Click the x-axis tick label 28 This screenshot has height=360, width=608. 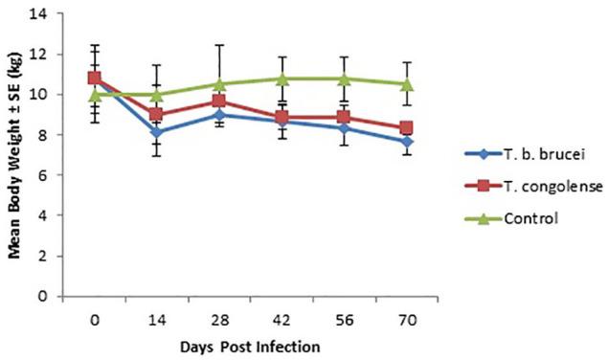click(x=219, y=315)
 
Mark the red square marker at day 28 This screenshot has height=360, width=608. click(x=219, y=101)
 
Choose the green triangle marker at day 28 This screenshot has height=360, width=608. click(x=219, y=83)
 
